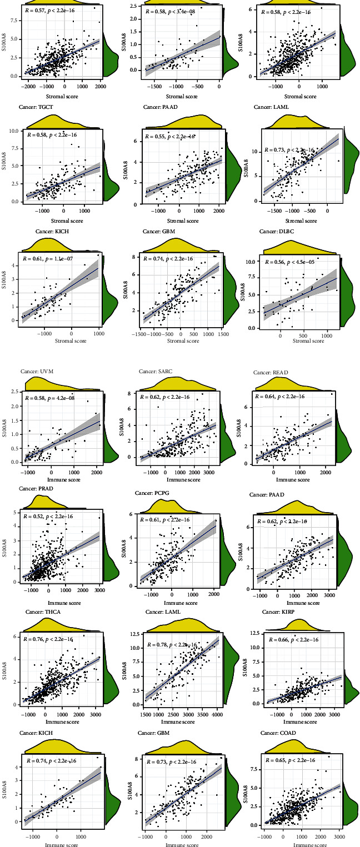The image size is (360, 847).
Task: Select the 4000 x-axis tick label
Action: coord(218,716)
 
